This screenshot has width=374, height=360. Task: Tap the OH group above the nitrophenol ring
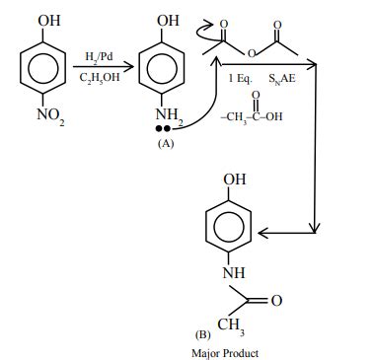pyautogui.click(x=46, y=20)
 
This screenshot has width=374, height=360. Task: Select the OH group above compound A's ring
pyautogui.click(x=168, y=20)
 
